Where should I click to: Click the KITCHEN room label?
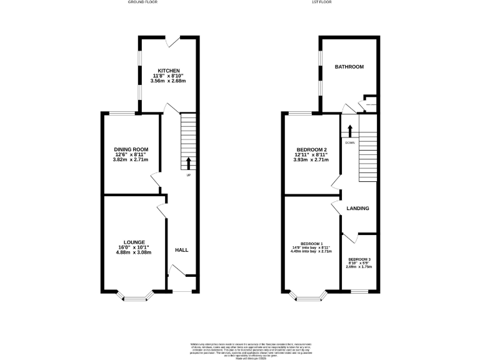[x=169, y=70]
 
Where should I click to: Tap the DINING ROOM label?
[x=130, y=149]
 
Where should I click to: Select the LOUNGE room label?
[x=134, y=242]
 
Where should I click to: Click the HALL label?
[x=181, y=250]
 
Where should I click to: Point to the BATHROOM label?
[x=349, y=66]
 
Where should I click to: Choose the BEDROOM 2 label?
[x=311, y=149]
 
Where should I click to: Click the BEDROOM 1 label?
[x=311, y=243]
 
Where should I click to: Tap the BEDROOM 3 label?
[x=360, y=259]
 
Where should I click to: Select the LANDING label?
[x=358, y=208]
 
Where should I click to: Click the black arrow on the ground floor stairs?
[x=189, y=164]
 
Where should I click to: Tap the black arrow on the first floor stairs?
[x=350, y=131]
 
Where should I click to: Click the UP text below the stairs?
[x=188, y=174]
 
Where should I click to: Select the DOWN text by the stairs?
[x=349, y=142]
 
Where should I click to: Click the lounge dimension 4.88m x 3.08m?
[x=134, y=252]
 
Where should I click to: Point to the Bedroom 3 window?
[x=359, y=291]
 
